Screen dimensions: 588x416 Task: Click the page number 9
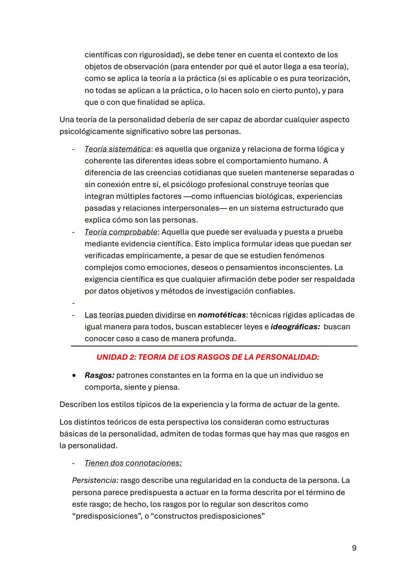tap(354, 548)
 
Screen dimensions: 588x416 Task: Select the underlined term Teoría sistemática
tap(117, 149)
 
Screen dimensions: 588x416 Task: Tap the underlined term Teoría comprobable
tap(121, 232)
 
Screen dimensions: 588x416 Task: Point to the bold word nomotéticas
tap(221, 315)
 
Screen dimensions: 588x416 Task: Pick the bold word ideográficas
tap(295, 327)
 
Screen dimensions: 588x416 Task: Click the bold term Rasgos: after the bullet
tap(99, 375)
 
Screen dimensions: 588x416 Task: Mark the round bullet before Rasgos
tap(74, 375)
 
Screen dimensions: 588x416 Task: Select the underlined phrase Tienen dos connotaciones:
tap(133, 463)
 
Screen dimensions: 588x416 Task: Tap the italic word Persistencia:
tap(95, 481)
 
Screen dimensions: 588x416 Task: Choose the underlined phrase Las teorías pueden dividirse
tap(135, 315)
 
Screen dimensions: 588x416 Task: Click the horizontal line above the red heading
tap(214, 346)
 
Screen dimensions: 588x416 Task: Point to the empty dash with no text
tap(73, 303)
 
